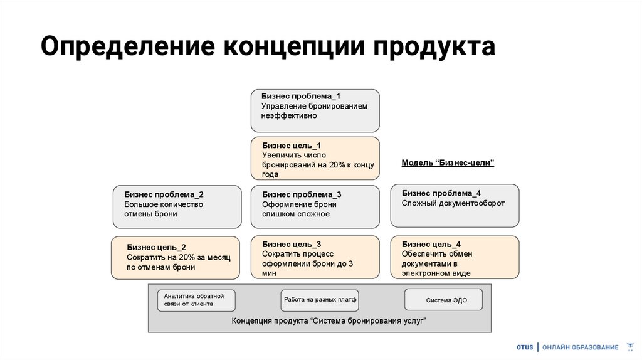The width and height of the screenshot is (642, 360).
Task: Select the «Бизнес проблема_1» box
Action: [315, 110]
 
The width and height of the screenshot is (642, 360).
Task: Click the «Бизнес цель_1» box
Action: [315, 159]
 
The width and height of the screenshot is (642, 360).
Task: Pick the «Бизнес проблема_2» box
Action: [177, 206]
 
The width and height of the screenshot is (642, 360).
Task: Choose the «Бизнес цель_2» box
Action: [176, 258]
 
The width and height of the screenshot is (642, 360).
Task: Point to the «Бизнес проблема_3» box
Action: [315, 206]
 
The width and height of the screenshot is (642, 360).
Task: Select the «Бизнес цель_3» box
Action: [315, 257]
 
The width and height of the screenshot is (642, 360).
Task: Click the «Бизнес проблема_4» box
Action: [455, 205]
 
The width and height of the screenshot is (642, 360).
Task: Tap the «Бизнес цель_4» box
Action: [455, 257]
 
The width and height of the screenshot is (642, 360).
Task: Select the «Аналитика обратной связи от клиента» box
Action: [196, 300]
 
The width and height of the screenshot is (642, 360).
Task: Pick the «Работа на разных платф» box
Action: [320, 300]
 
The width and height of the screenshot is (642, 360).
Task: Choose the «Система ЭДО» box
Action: [444, 300]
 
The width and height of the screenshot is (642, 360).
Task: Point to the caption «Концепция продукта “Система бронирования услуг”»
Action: [320, 321]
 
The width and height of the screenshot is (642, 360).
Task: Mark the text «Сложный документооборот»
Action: [453, 203]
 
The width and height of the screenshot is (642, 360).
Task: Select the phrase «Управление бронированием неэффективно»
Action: [314, 111]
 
